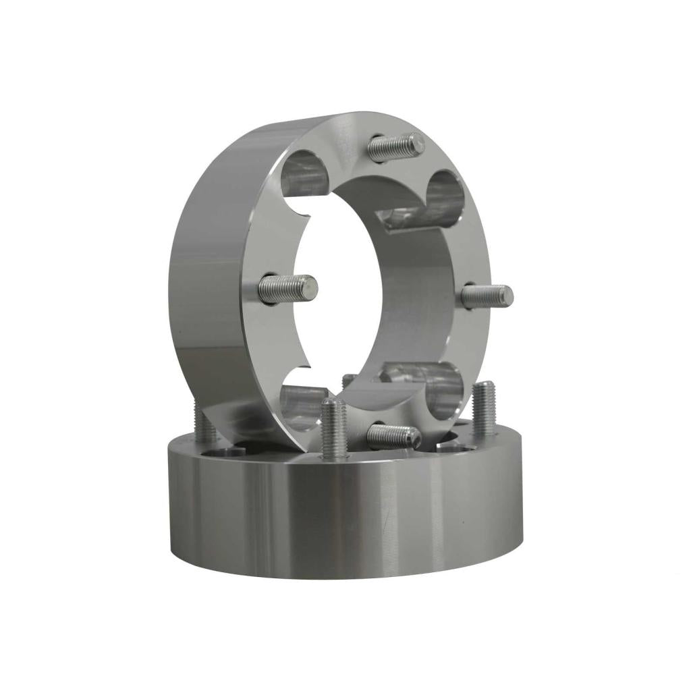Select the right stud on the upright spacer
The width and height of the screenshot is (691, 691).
[487, 296]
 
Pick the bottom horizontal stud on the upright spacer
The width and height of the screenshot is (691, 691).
[394, 437]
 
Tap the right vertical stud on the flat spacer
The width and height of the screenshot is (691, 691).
[484, 408]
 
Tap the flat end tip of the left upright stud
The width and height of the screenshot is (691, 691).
[310, 288]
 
